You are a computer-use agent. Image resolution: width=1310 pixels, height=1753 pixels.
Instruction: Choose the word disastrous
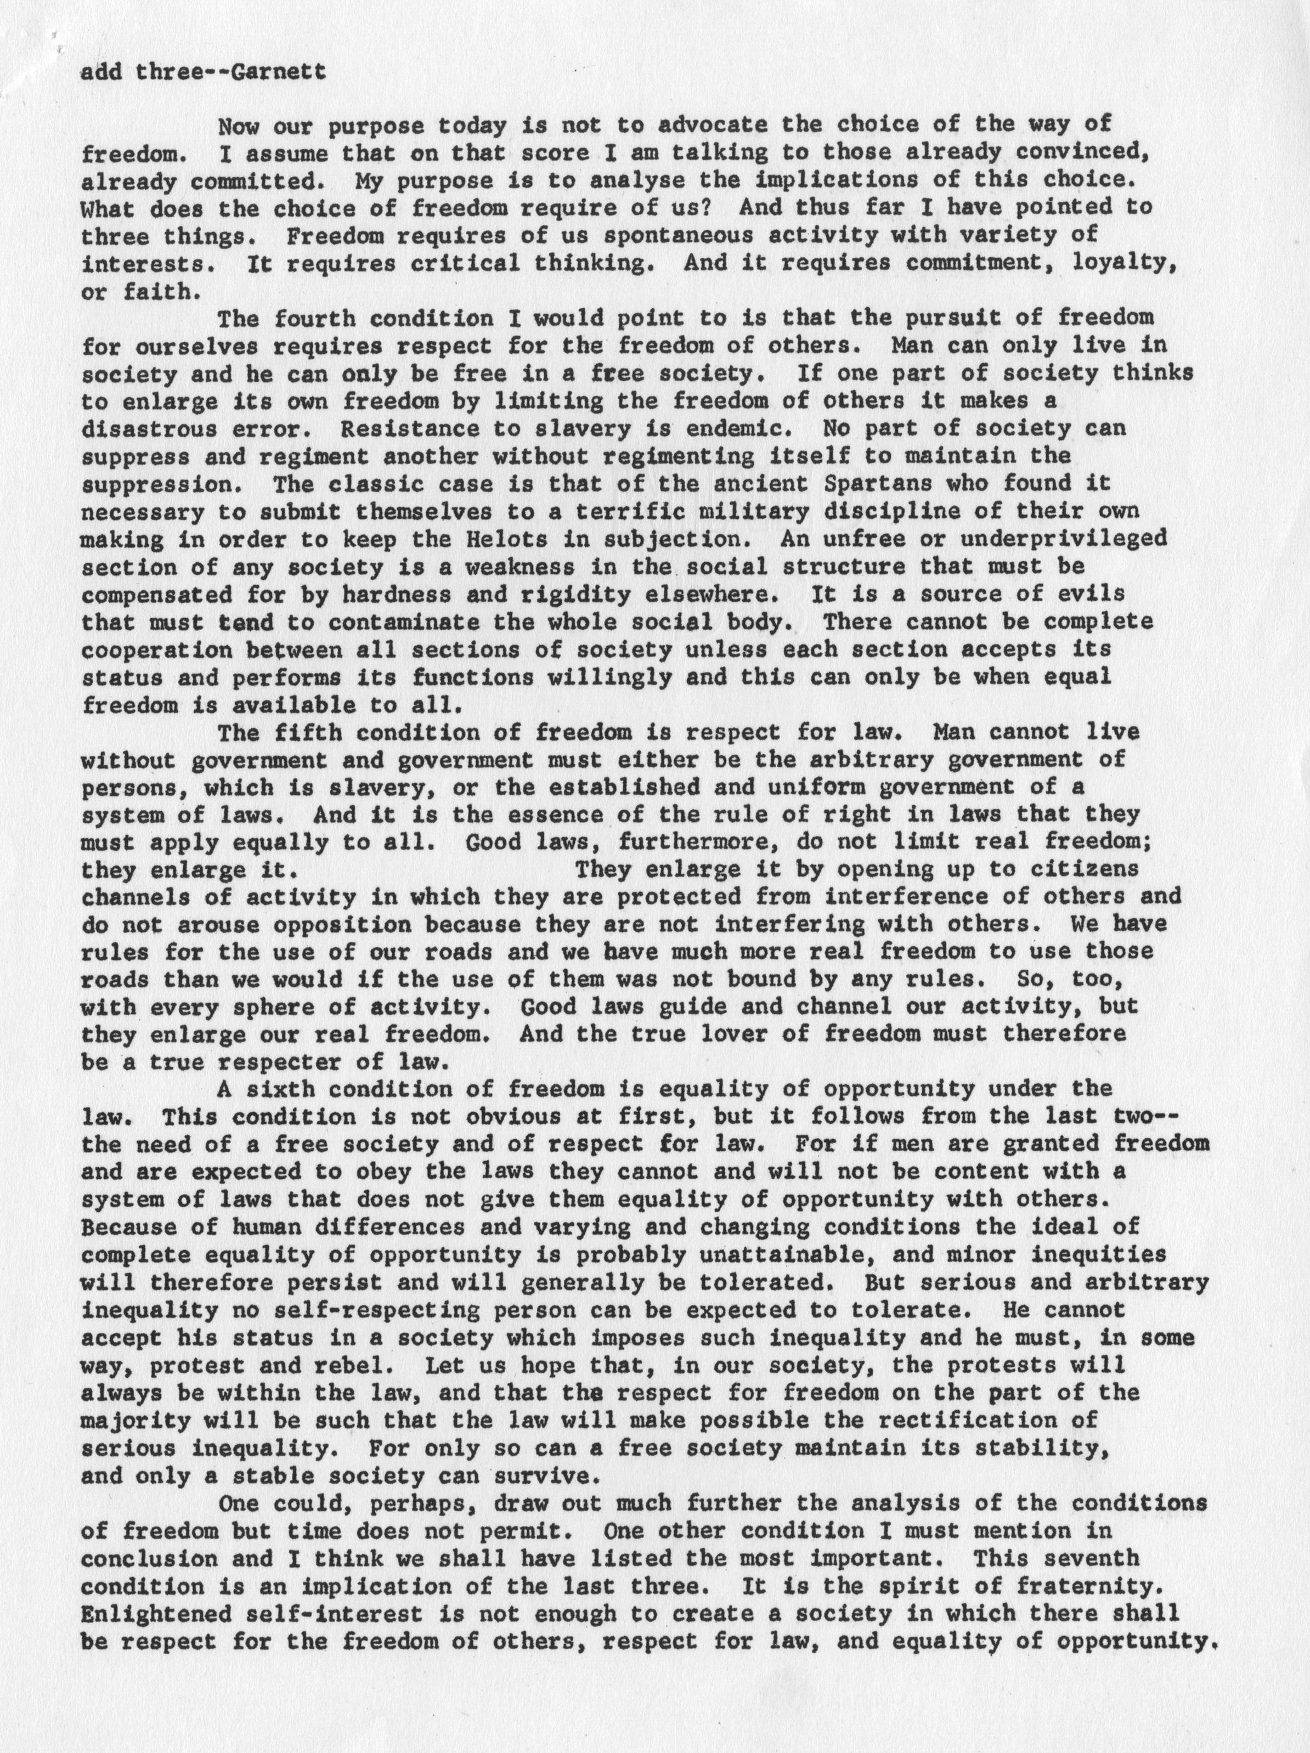[150, 429]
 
